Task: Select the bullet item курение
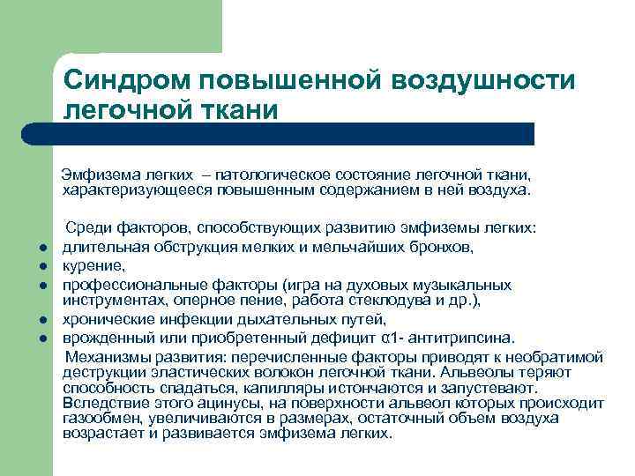pos(93,264)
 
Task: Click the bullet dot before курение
pos(41,266)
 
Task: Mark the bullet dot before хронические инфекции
pos(41,320)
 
